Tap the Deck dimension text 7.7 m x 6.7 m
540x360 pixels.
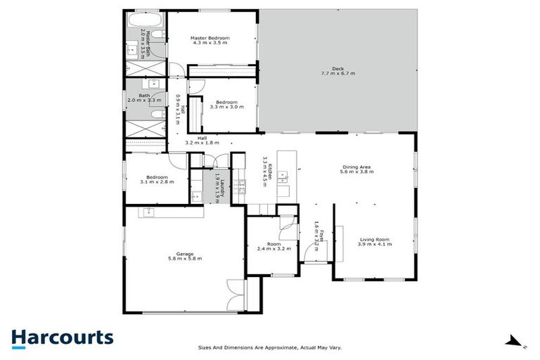338,73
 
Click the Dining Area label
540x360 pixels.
355,167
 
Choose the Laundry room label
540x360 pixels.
221,188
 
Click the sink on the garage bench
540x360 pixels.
149,211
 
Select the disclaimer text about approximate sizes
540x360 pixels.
269,347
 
